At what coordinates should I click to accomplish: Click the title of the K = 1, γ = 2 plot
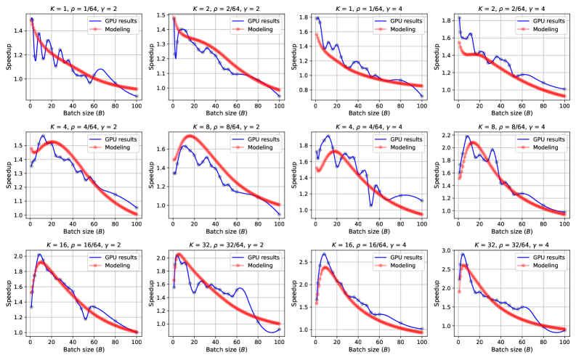click(x=78, y=6)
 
